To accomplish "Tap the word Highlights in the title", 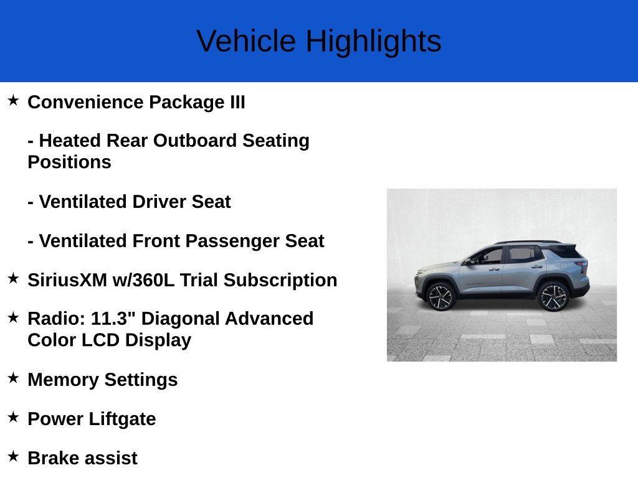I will click(x=373, y=42).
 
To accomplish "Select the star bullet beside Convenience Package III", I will click(x=13, y=100).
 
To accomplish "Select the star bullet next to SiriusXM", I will click(x=13, y=279).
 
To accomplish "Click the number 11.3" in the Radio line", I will click(x=113, y=319).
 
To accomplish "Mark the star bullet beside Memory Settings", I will click(x=13, y=378).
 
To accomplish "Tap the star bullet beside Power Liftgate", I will click(x=13, y=417).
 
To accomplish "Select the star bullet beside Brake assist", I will click(x=13, y=456).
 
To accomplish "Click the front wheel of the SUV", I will click(x=440, y=297).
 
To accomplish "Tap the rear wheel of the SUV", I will click(x=553, y=296).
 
